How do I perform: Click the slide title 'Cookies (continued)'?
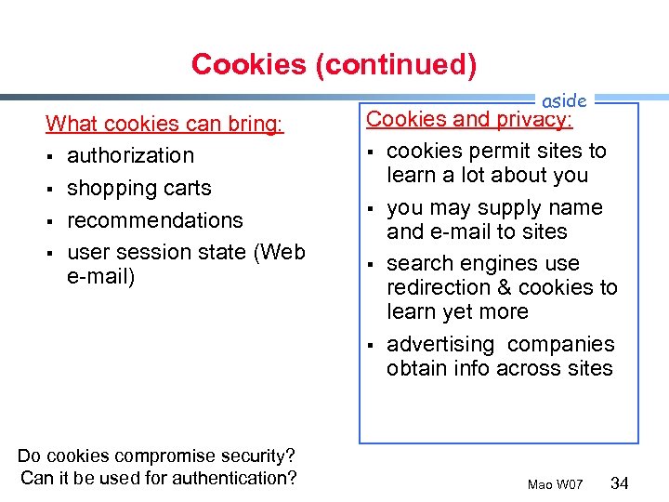pos(334,64)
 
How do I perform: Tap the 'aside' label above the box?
pos(563,100)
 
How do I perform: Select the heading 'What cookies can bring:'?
pos(164,124)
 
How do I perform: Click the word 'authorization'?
pos(130,155)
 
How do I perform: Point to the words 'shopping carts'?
pos(139,188)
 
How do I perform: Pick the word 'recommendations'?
pos(155,220)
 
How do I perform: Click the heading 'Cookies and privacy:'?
pos(469,119)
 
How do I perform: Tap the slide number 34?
pos(621,483)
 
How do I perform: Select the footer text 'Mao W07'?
pos(555,485)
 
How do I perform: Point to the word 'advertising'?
pos(441,345)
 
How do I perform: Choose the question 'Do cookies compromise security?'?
pos(156,456)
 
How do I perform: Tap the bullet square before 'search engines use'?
pos(370,265)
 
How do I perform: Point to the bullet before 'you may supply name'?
pos(370,208)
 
